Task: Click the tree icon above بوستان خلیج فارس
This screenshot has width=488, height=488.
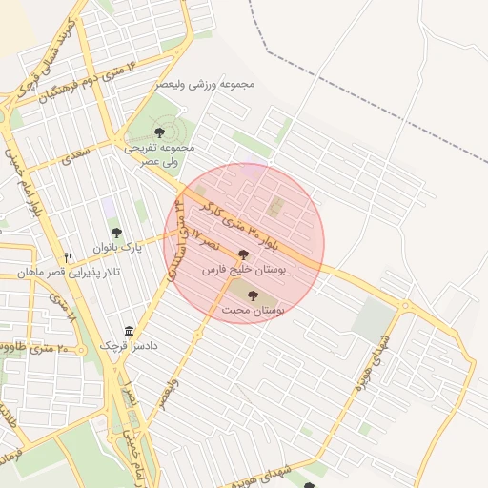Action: pos(243,255)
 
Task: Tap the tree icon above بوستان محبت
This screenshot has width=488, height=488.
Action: pos(253,295)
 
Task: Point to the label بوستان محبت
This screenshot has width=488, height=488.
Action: pos(254,311)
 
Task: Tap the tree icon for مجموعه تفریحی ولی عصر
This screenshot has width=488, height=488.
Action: pos(159,132)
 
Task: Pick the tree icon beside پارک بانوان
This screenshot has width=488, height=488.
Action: pos(116,233)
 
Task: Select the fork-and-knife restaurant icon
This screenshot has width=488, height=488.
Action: pos(68,257)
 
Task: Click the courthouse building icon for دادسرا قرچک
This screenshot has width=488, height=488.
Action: pos(129,330)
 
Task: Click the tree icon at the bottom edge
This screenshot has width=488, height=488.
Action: pos(309,485)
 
